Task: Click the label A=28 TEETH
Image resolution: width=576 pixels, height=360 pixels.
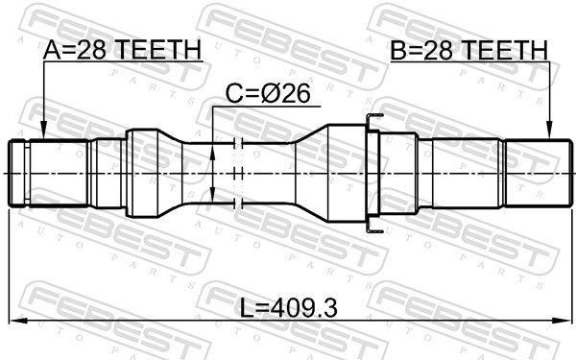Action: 122,50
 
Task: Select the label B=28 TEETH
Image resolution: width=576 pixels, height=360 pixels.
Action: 468,50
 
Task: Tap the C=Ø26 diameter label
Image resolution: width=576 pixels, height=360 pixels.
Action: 268,94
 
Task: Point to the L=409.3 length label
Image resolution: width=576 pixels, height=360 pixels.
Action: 288,308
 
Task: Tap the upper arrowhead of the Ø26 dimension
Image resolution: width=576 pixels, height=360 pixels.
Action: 213,152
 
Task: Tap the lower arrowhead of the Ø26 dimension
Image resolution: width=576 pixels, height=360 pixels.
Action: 213,194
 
